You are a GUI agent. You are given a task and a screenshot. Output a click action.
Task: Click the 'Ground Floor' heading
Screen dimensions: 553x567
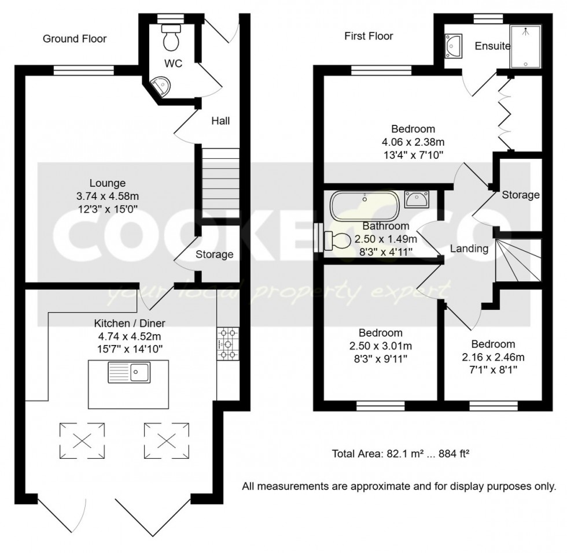coord(75,39)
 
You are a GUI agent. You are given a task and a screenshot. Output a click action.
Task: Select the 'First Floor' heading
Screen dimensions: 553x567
coord(369,36)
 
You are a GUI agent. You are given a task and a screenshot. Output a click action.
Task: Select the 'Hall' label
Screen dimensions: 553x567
coord(220,121)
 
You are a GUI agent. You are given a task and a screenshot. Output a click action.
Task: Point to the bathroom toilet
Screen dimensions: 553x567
coord(336,240)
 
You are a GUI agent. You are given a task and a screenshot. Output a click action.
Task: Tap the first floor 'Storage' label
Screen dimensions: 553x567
coord(520,195)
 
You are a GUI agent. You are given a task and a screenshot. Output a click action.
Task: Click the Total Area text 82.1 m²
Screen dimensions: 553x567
coord(400,454)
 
